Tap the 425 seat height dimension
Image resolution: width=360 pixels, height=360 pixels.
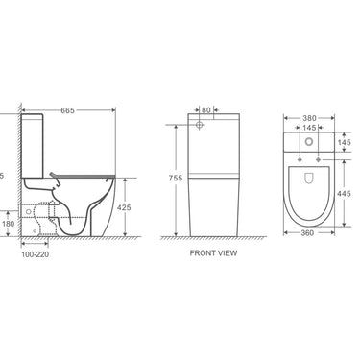coord(123,206)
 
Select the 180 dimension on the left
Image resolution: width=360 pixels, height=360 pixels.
coord(9,225)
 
